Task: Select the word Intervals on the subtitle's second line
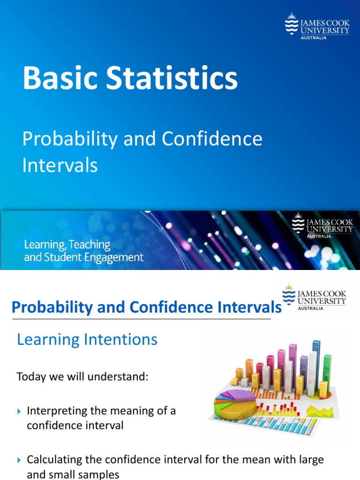(60, 165)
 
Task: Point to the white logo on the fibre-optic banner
(322, 226)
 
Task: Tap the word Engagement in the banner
(115, 257)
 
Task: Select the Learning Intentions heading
(87, 339)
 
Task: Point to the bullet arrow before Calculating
(19, 460)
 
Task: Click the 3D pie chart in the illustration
(234, 404)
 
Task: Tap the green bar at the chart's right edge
(327, 373)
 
